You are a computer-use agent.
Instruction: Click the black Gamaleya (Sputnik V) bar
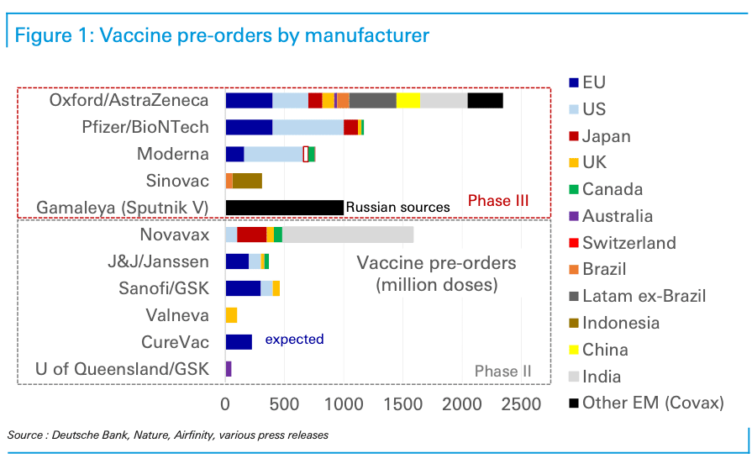284,208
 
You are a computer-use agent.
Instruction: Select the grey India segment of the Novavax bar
347,235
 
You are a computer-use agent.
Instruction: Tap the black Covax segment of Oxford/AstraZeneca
485,101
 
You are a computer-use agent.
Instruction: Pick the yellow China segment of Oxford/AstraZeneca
408,101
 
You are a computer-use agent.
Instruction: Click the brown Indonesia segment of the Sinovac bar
247,181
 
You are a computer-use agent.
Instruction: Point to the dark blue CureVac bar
239,341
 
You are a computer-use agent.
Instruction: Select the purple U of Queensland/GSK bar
229,368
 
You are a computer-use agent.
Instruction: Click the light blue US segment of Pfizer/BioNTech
308,128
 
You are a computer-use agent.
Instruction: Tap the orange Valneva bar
231,315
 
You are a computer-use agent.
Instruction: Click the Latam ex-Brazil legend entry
644,296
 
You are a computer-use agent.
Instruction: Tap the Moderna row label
173,154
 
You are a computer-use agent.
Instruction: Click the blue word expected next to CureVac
294,340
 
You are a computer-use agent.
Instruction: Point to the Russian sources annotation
397,208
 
